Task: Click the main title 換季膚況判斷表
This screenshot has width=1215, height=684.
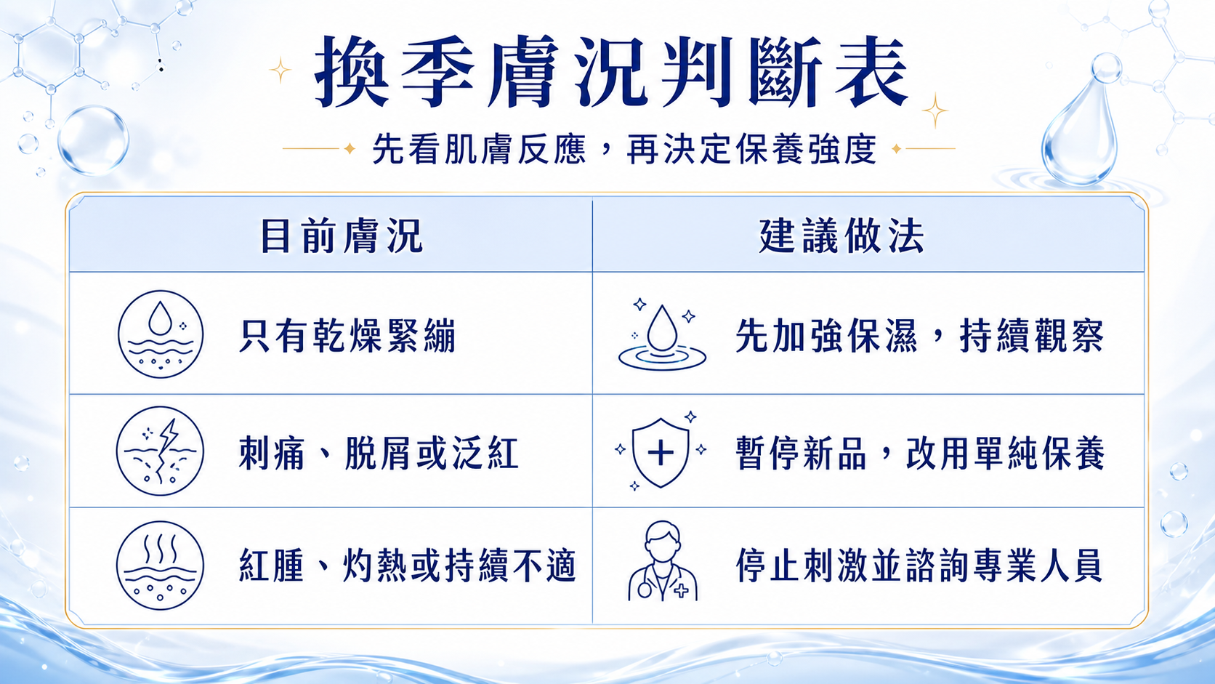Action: [x=611, y=72]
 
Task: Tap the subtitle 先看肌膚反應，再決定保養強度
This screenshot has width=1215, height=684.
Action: [x=624, y=148]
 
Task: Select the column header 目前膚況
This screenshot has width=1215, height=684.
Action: [x=342, y=236]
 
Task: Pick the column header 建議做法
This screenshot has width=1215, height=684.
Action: [x=841, y=236]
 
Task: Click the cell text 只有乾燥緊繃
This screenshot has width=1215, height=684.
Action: [x=347, y=336]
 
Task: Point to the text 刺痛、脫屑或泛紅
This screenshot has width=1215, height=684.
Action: [x=379, y=452]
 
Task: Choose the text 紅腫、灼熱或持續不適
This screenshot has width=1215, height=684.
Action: [x=408, y=566]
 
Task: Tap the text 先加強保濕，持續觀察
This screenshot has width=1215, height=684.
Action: [x=919, y=336]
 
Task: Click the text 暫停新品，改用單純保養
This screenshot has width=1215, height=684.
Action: [x=920, y=452]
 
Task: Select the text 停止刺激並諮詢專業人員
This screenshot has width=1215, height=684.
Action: [x=919, y=566]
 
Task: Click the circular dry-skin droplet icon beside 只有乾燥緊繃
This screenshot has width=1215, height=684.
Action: [x=161, y=334]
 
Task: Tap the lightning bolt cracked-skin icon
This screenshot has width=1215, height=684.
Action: [x=160, y=451]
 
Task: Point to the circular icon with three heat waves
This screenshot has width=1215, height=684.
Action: [x=160, y=566]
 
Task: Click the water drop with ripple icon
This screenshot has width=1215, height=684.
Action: [x=662, y=335]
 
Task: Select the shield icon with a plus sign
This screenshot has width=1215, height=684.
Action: [x=661, y=452]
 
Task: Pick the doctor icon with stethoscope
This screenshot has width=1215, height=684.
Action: [x=662, y=561]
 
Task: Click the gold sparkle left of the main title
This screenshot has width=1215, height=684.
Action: [x=280, y=70]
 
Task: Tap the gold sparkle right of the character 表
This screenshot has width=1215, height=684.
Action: [x=935, y=110]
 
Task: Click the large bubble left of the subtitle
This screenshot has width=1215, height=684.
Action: [x=93, y=140]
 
